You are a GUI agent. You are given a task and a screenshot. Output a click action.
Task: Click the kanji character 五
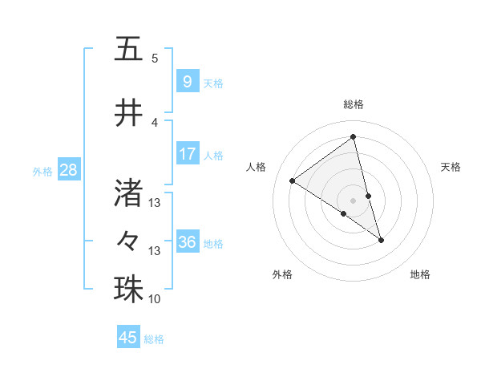128,50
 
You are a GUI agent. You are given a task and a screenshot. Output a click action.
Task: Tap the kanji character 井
128,115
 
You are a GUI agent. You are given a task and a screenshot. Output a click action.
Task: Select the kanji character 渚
128,192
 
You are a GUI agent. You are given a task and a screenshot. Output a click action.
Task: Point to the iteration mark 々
128,240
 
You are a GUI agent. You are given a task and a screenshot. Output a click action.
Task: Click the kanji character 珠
128,289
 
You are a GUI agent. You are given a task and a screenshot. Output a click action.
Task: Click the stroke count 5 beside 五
155,58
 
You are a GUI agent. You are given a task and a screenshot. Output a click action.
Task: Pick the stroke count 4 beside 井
155,122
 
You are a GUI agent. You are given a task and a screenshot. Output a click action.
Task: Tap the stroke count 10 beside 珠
155,298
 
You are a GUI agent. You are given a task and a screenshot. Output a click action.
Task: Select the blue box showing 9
187,81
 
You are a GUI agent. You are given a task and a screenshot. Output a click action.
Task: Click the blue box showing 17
187,154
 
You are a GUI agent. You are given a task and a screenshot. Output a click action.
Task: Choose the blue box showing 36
187,242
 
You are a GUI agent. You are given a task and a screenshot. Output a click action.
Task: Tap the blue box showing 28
68,170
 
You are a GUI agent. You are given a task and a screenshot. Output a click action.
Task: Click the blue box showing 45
127,338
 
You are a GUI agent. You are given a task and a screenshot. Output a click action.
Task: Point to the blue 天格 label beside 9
213,83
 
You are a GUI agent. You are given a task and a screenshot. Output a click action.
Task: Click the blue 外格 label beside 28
42,171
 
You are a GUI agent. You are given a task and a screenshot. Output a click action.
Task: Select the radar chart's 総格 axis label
353,104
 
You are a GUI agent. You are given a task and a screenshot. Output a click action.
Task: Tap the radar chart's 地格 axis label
420,274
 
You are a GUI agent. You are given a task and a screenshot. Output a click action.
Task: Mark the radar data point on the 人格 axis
292,180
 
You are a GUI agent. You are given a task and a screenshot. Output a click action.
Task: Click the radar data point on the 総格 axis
353,136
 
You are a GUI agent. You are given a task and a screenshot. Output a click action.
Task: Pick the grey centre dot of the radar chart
353,200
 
